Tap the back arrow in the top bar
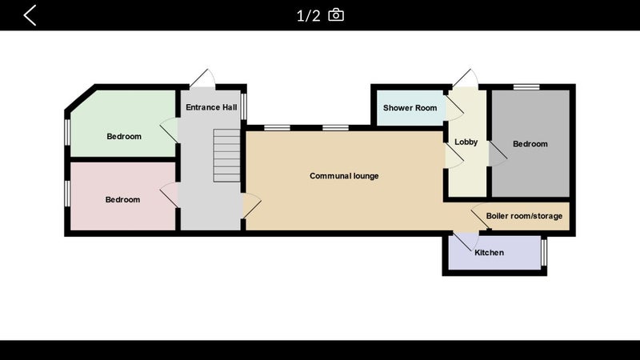[30, 15]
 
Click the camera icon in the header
[336, 15]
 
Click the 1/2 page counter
[308, 16]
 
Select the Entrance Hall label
[211, 107]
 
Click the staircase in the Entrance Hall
[226, 155]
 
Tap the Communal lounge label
[344, 176]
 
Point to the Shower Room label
[410, 108]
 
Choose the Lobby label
[466, 142]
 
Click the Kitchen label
[489, 253]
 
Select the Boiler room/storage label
[524, 216]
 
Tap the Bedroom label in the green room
[124, 136]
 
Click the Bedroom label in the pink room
[122, 199]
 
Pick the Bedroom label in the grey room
[530, 144]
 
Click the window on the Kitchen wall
[544, 252]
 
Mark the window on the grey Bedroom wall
[526, 87]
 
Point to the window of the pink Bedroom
[67, 193]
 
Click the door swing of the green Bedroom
[169, 130]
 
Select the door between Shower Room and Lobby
[454, 108]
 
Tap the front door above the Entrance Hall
[202, 78]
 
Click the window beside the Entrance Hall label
[244, 106]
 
